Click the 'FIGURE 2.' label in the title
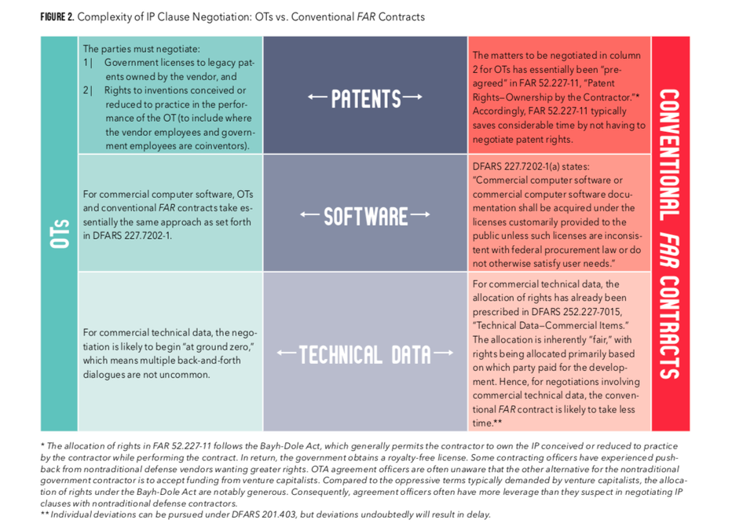coord(57,16)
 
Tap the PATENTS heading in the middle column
coord(366,99)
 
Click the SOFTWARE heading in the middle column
coord(365,217)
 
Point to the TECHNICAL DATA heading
coord(365,355)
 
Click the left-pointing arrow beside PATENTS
coord(318,97)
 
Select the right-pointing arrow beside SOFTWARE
coord(420,214)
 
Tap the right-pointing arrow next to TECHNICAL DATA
coord(443,353)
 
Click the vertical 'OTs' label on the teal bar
coord(60,234)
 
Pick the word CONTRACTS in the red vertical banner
coord(669,328)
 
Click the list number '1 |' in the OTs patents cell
coord(87,63)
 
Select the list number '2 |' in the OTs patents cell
coord(87,90)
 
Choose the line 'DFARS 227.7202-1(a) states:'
coord(531,167)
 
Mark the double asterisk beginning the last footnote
coord(45,514)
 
